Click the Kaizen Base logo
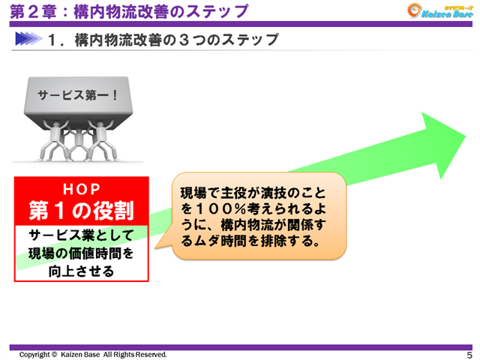pos(437,10)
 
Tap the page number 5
pos(469,355)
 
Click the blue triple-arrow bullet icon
pos(27,39)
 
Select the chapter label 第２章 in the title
pos(30,12)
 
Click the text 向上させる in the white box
pos(82,271)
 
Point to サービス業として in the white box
pos(82,236)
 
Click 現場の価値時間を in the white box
pos(82,253)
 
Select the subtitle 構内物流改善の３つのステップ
pos(177,40)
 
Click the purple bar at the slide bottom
pos(240,347)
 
